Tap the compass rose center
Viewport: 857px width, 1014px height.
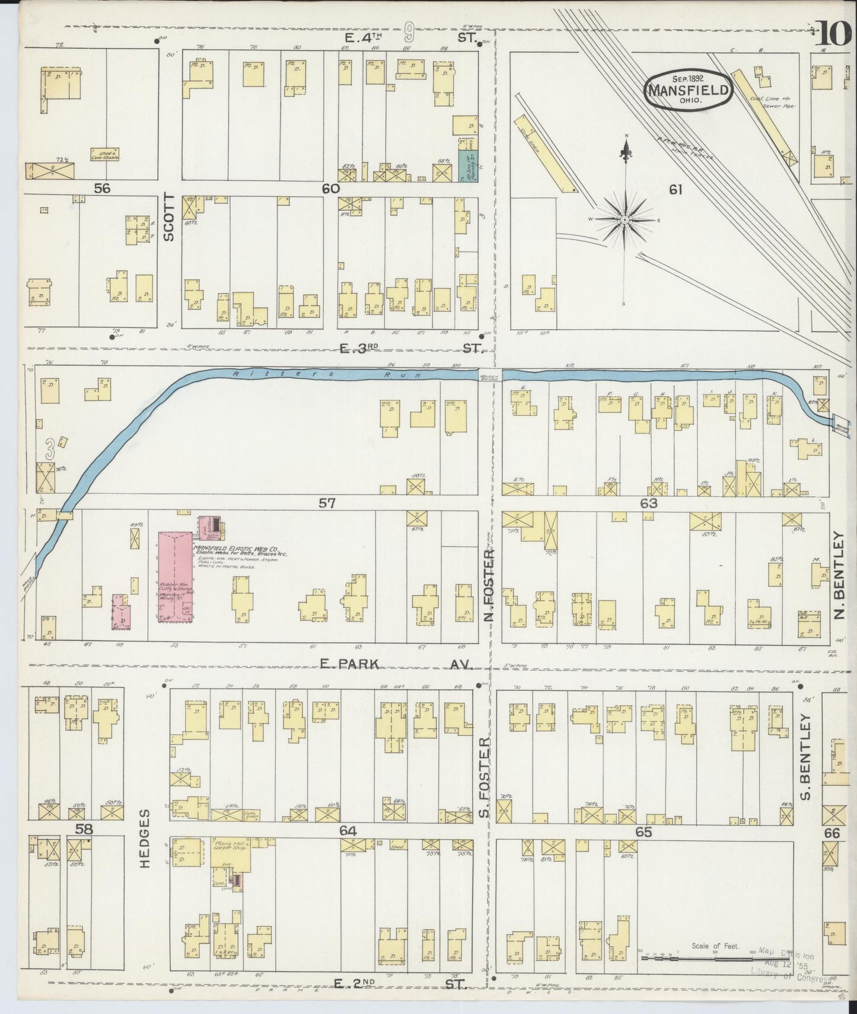coord(625,220)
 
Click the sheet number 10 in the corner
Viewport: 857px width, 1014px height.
coord(834,34)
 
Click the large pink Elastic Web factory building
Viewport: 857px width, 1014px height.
coord(175,575)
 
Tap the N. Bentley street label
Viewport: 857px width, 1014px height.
coord(838,575)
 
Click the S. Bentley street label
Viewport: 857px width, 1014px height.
coord(805,748)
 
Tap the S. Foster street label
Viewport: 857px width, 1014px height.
coord(486,777)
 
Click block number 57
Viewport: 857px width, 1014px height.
coord(327,503)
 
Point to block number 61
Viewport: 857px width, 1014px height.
coord(676,190)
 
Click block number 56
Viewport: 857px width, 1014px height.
coord(102,189)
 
